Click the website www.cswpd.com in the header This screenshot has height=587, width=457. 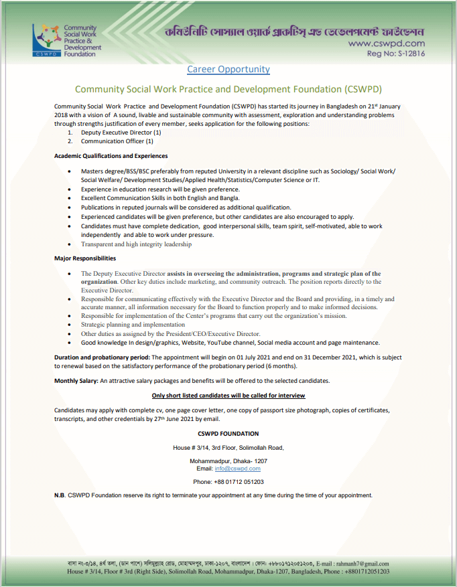click(x=387, y=44)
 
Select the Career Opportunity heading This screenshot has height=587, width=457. click(x=228, y=69)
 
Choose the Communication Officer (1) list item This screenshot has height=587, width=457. click(x=117, y=141)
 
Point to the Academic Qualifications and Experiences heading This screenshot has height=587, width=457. click(x=111, y=156)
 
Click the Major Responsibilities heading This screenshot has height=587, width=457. click(x=85, y=258)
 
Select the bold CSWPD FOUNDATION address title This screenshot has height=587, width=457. click(x=228, y=434)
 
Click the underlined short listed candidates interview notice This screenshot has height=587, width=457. click(x=228, y=396)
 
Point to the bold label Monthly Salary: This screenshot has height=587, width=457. click(x=76, y=381)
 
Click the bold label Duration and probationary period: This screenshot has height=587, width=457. click(x=102, y=358)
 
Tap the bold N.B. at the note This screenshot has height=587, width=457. click(x=60, y=495)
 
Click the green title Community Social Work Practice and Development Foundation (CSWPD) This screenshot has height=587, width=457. click(x=228, y=89)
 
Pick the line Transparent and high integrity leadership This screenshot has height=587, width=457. click(x=136, y=244)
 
